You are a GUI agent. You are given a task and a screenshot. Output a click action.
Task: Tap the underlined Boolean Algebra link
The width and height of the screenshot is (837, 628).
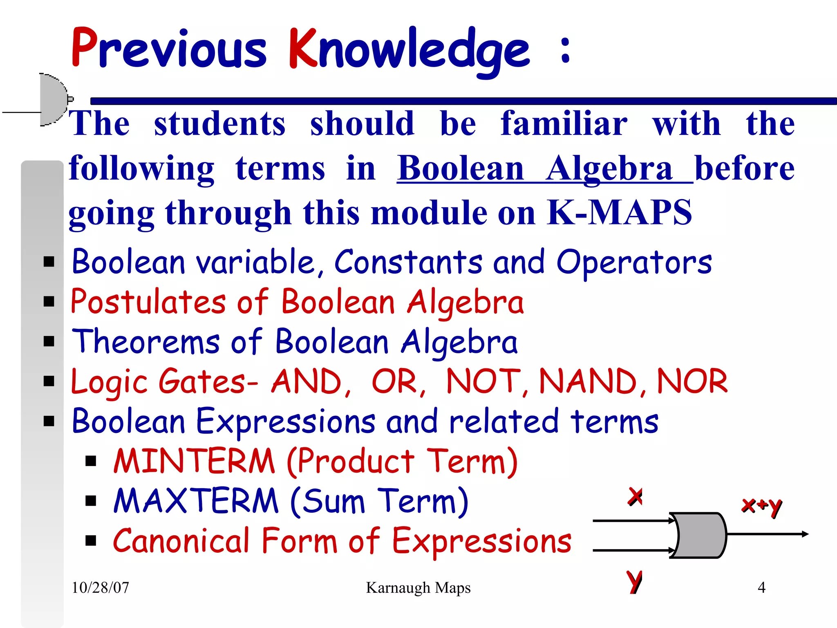pyautogui.click(x=544, y=168)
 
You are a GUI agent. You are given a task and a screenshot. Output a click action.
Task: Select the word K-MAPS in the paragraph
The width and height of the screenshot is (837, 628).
pyautogui.click(x=619, y=213)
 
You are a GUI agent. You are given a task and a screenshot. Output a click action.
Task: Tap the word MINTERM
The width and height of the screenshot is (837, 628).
pyautogui.click(x=195, y=461)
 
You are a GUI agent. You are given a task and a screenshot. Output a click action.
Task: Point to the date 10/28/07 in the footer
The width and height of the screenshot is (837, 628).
pyautogui.click(x=101, y=588)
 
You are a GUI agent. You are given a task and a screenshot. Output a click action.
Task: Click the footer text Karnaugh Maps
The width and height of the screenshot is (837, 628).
pyautogui.click(x=418, y=588)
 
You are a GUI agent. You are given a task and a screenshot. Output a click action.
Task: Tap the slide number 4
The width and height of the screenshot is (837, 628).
pyautogui.click(x=761, y=588)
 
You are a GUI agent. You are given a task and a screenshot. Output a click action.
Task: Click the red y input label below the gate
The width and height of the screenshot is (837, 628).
pyautogui.click(x=634, y=581)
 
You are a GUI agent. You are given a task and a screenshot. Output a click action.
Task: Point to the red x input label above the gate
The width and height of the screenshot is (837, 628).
pyautogui.click(x=635, y=496)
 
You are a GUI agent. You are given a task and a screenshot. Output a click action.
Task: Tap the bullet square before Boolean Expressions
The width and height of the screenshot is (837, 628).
pyautogui.click(x=49, y=421)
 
